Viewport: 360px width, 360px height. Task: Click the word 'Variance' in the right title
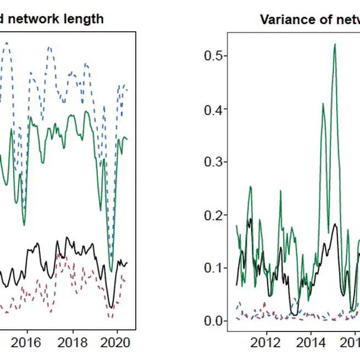click(x=284, y=20)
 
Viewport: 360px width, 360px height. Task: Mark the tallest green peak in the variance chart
click(x=335, y=45)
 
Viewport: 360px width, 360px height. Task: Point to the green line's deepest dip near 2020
click(x=111, y=270)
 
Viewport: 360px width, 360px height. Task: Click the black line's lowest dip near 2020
click(x=112, y=307)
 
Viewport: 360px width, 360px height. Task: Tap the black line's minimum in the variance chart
click(x=295, y=314)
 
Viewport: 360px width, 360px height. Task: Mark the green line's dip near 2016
click(x=24, y=224)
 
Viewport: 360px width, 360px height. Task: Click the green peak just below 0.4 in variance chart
click(x=323, y=104)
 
